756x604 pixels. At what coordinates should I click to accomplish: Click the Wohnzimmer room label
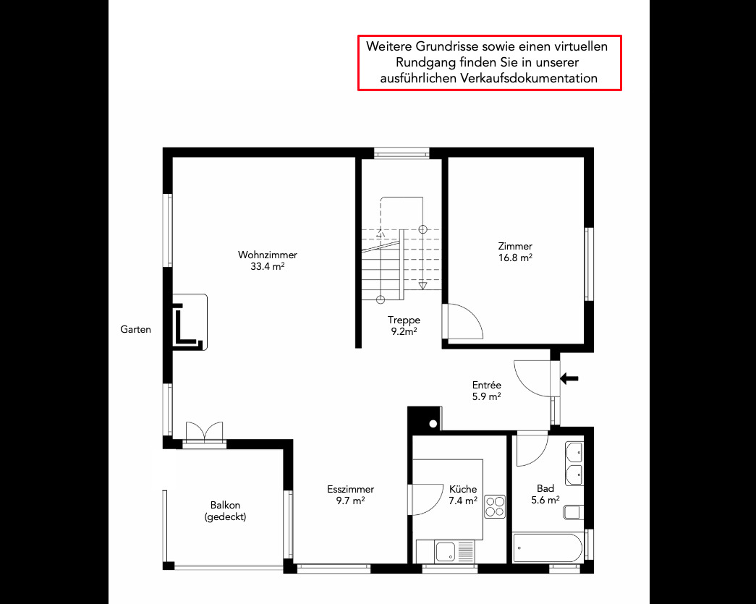[x=268, y=255]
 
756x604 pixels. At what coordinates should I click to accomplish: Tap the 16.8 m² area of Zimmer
[x=515, y=258]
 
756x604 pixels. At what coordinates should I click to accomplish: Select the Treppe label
[x=404, y=320]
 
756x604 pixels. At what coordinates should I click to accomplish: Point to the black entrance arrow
[x=569, y=378]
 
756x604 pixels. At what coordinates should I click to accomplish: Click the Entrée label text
[x=486, y=385]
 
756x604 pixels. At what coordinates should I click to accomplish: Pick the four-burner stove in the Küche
[x=495, y=506]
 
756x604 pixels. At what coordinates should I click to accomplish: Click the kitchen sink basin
[x=445, y=552]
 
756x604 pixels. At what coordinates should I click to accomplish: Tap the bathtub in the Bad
[x=547, y=548]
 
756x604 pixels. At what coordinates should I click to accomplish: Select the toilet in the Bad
[x=573, y=512]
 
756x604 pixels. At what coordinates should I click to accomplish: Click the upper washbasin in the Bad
[x=574, y=453]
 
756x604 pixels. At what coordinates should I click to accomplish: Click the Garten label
[x=135, y=329]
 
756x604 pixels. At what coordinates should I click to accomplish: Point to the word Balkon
[x=225, y=505]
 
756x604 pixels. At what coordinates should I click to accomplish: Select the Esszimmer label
[x=351, y=489]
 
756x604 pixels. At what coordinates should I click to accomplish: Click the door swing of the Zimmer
[x=463, y=321]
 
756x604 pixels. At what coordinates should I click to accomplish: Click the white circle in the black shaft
[x=433, y=424]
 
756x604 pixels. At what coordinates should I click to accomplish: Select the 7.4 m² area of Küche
[x=463, y=501]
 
